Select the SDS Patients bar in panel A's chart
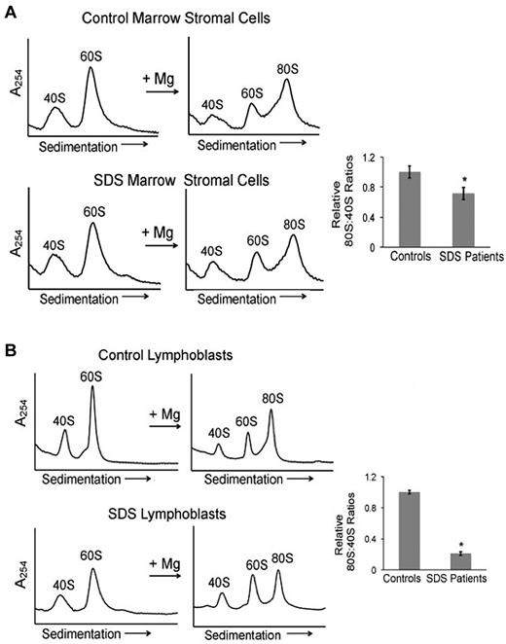click(x=466, y=221)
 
